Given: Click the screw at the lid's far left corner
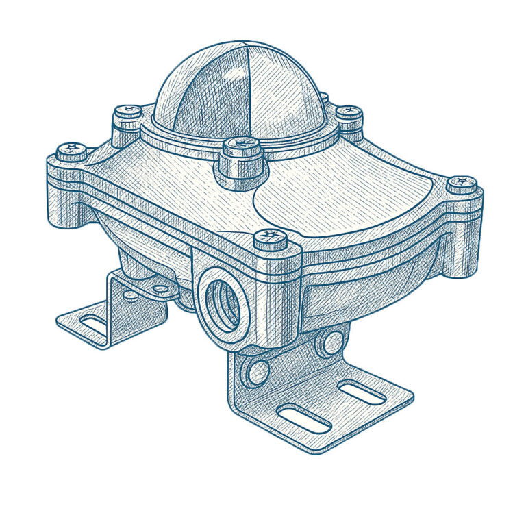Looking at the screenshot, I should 71,149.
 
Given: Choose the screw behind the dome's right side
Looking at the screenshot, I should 349,112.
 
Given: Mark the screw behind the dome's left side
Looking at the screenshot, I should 127,111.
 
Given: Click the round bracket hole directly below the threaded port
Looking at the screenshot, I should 258,371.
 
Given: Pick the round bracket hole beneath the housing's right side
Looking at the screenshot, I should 331,342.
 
